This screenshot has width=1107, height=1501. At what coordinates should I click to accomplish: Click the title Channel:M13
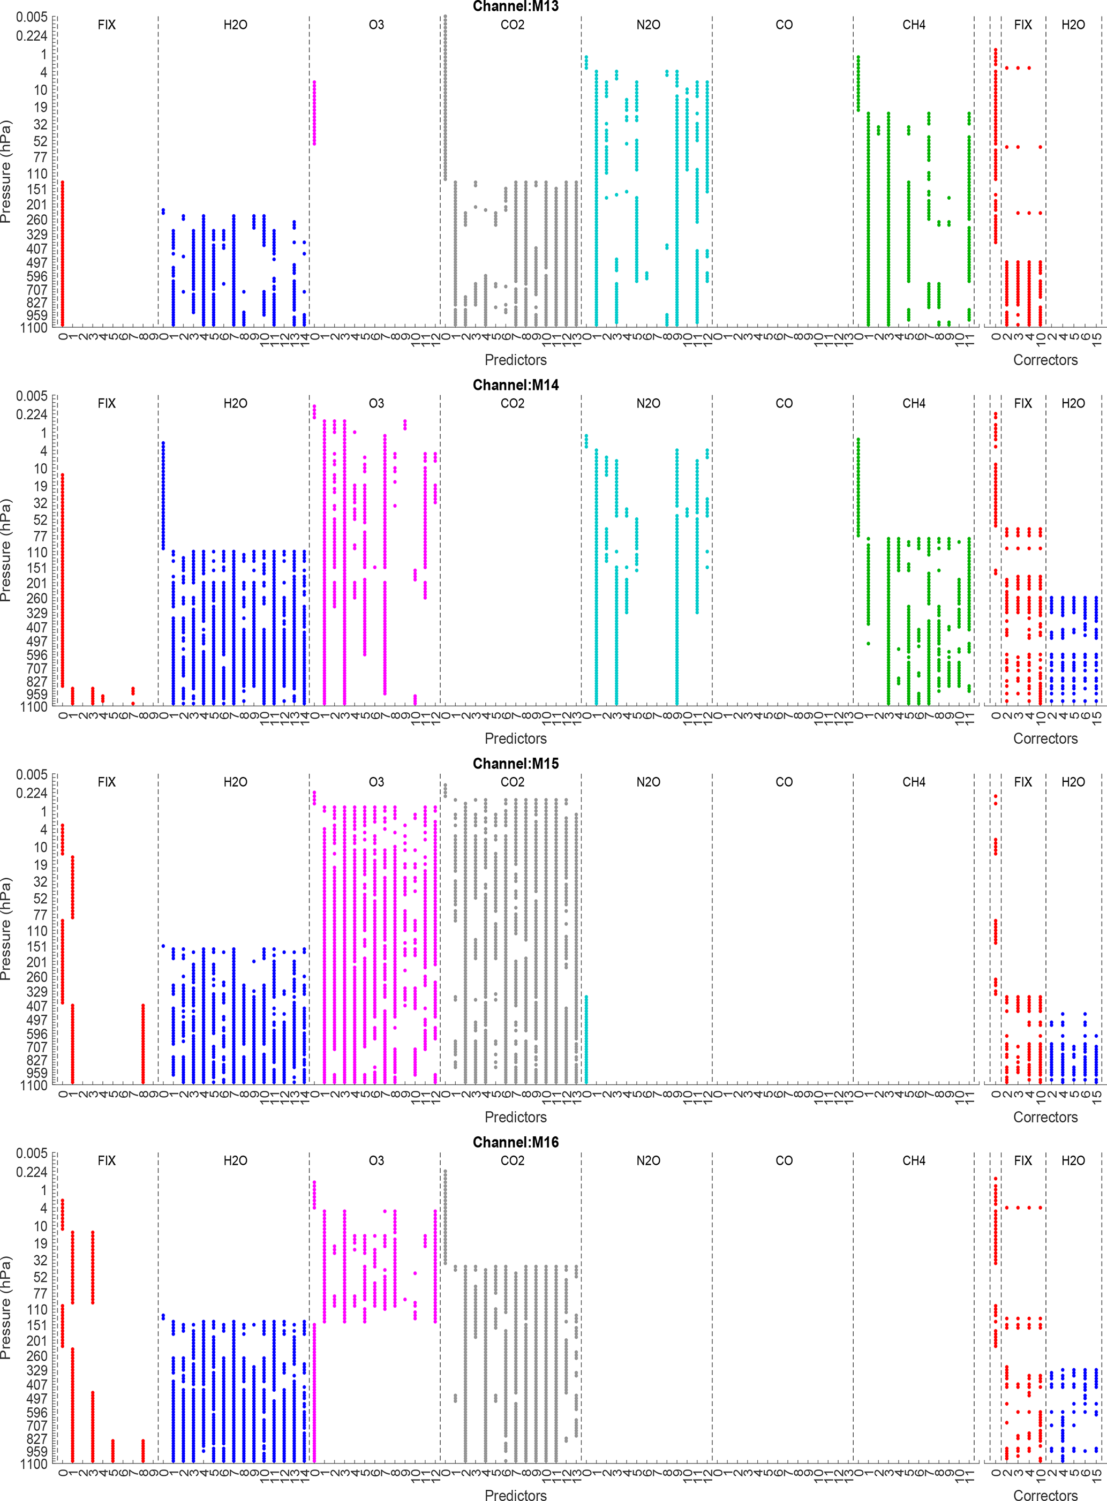[x=515, y=7]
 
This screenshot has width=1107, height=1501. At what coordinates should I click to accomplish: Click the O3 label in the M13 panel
[x=376, y=25]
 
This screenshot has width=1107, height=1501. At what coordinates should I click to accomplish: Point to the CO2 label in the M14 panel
[x=512, y=403]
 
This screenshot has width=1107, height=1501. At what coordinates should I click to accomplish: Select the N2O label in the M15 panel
[x=648, y=782]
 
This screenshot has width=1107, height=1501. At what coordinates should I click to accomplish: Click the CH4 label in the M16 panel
[x=913, y=1160]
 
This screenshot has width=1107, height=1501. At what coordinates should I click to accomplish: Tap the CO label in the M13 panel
[x=784, y=25]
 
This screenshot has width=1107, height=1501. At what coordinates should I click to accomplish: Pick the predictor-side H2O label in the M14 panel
[x=235, y=403]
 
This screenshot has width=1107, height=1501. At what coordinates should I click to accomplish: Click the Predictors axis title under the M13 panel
[x=515, y=360]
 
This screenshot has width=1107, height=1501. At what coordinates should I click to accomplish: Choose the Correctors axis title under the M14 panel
[x=1045, y=738]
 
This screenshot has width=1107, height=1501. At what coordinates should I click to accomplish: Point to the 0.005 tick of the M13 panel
[x=32, y=17]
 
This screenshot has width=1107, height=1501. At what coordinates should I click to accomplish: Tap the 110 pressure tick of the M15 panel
[x=37, y=931]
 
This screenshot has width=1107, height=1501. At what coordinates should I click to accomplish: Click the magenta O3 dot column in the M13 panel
[x=314, y=112]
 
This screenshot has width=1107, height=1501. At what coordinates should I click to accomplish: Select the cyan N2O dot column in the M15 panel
[x=586, y=1039]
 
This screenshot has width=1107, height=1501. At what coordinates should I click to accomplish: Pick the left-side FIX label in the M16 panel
[x=107, y=1160]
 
